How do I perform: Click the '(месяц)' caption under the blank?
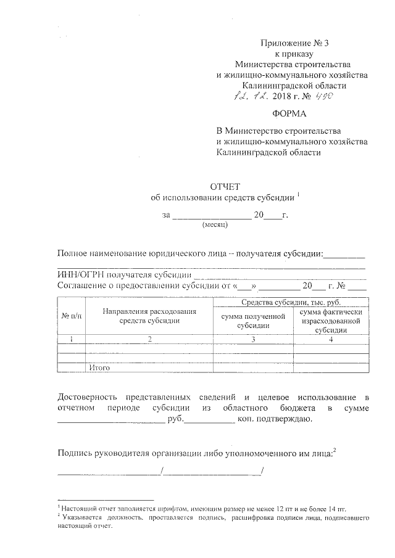215,226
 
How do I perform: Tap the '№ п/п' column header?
72,315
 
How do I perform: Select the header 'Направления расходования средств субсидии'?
149,316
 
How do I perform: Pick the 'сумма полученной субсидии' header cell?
252,321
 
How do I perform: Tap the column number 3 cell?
252,339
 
